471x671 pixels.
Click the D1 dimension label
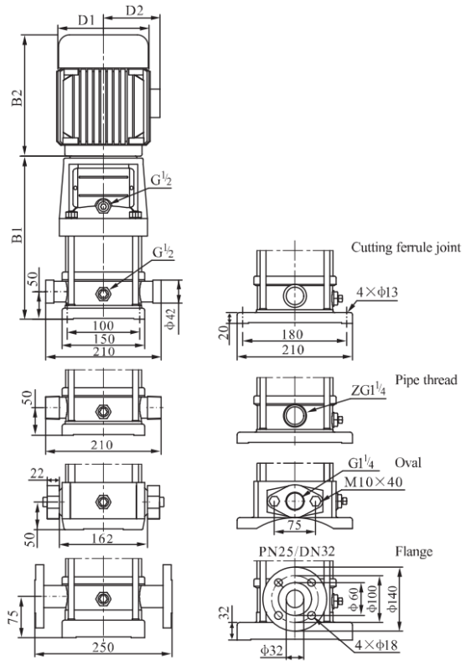tap(87, 20)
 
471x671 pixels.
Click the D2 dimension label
tap(135, 10)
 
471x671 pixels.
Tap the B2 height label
tap(17, 98)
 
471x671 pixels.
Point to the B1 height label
tap(17, 234)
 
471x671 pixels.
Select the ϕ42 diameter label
tap(170, 319)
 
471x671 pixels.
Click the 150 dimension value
tap(104, 339)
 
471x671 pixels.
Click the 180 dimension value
tap(292, 334)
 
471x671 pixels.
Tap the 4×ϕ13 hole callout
tap(377, 292)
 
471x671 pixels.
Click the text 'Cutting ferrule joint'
tap(406, 247)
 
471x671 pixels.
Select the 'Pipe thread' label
tap(426, 380)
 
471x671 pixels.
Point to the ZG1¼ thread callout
tap(369, 391)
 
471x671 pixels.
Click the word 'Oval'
tap(408, 463)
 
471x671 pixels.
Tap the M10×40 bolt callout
tap(374, 482)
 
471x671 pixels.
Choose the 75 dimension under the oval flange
tap(294, 525)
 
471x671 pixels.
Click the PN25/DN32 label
tap(297, 552)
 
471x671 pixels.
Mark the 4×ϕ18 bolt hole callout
tap(376, 644)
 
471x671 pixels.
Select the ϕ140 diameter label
tap(392, 598)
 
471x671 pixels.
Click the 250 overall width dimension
tap(103, 647)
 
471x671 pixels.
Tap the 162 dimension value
tap(102, 538)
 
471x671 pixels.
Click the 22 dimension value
tap(37, 473)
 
